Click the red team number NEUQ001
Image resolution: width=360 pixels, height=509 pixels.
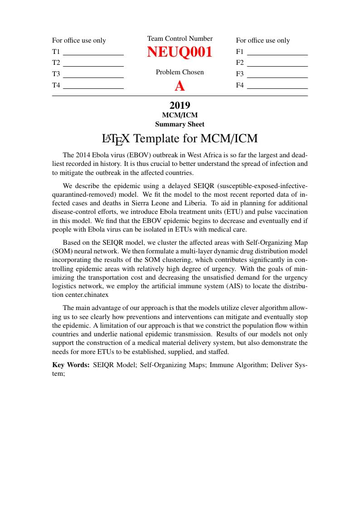tap(180, 52)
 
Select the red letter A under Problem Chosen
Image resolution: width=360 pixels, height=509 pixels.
tap(180, 86)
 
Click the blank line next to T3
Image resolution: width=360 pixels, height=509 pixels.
tap(93, 77)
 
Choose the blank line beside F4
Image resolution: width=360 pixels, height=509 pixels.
tap(277, 88)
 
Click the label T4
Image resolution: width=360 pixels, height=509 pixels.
tap(56, 85)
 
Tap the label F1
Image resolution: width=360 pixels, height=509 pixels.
tap(240, 52)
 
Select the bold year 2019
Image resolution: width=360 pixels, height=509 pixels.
tap(180, 106)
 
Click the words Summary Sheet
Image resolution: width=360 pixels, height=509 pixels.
tap(180, 124)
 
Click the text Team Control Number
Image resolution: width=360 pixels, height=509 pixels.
tap(180, 39)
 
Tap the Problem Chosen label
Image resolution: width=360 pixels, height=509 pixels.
tap(180, 72)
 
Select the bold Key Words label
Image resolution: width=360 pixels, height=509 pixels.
tap(71, 364)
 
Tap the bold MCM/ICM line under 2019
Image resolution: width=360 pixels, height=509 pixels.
tap(180, 116)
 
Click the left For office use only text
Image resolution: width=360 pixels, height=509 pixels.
tap(79, 40)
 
